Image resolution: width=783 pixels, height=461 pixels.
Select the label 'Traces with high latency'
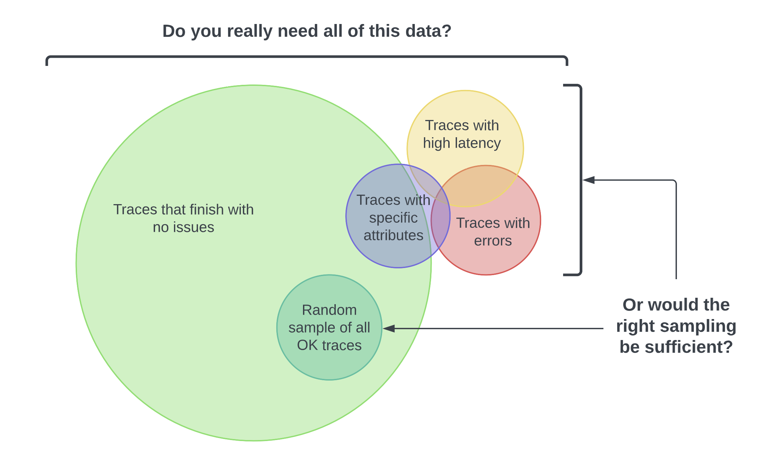(x=462, y=134)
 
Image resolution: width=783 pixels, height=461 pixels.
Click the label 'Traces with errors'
(x=493, y=232)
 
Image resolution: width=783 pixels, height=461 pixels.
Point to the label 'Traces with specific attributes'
(x=393, y=218)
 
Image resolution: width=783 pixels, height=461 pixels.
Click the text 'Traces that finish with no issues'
(x=183, y=218)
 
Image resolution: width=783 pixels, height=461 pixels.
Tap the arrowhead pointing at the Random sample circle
(x=388, y=328)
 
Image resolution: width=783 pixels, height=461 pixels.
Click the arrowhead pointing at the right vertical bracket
(x=589, y=180)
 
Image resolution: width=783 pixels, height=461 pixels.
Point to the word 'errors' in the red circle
(x=493, y=241)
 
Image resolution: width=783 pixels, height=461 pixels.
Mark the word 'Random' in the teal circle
(x=329, y=310)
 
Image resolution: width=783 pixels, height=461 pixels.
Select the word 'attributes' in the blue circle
(x=393, y=235)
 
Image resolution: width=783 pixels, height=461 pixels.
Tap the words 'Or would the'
(x=676, y=305)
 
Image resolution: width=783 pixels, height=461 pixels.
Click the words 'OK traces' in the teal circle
(x=329, y=345)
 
